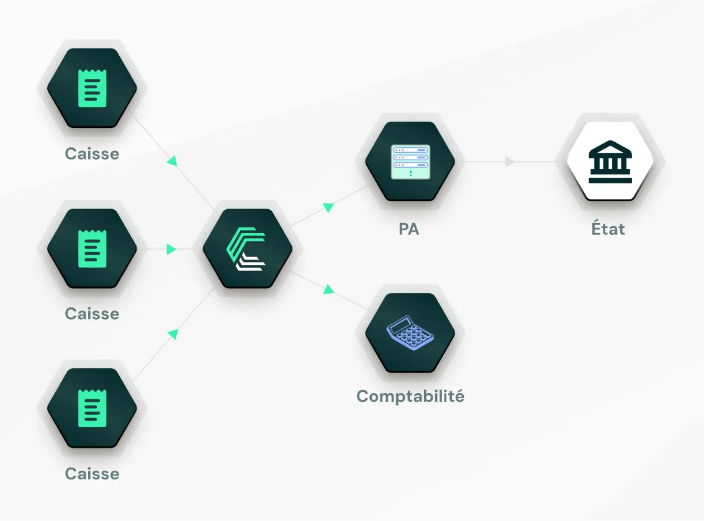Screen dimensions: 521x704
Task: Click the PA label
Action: click(x=409, y=229)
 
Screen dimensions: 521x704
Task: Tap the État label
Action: click(x=608, y=229)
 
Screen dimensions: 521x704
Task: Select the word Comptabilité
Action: click(x=410, y=396)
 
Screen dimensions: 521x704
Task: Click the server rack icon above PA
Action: click(x=410, y=161)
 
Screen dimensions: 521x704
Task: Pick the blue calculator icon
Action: click(x=410, y=333)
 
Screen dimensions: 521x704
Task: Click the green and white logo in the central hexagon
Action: click(x=247, y=250)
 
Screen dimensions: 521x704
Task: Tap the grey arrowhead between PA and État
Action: click(x=510, y=162)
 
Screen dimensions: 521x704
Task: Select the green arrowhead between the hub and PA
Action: click(x=329, y=208)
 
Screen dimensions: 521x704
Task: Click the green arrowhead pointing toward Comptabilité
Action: click(x=328, y=289)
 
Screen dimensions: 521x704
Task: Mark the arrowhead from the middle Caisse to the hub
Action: click(x=171, y=250)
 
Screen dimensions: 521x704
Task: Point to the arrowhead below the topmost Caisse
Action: click(x=172, y=161)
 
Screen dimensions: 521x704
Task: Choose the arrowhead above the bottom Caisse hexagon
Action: click(x=173, y=334)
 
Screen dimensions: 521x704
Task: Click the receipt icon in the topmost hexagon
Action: click(x=92, y=88)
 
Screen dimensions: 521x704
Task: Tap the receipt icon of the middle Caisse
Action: click(x=92, y=248)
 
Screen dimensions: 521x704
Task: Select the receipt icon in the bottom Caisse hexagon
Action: click(x=92, y=408)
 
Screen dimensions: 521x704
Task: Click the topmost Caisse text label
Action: click(x=92, y=153)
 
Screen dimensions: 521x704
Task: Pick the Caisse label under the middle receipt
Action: click(x=92, y=314)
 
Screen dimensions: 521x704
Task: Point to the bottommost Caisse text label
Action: click(x=92, y=474)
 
